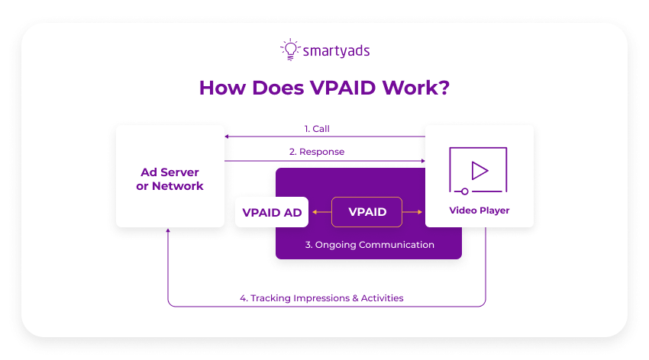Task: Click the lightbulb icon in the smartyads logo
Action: point(290,50)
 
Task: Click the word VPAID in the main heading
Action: point(345,88)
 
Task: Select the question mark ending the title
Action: point(443,88)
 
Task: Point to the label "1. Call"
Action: point(316,129)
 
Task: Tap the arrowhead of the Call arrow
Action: point(227,137)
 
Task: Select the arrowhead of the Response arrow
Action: point(421,160)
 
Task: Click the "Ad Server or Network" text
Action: point(170,179)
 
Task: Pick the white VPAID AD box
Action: point(272,212)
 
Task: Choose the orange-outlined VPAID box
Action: point(367,212)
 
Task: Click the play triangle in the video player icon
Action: point(479,169)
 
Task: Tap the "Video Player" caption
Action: point(479,210)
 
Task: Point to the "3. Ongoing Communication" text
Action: point(370,245)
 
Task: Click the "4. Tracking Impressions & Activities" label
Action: point(321,298)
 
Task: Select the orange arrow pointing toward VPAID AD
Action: point(316,212)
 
